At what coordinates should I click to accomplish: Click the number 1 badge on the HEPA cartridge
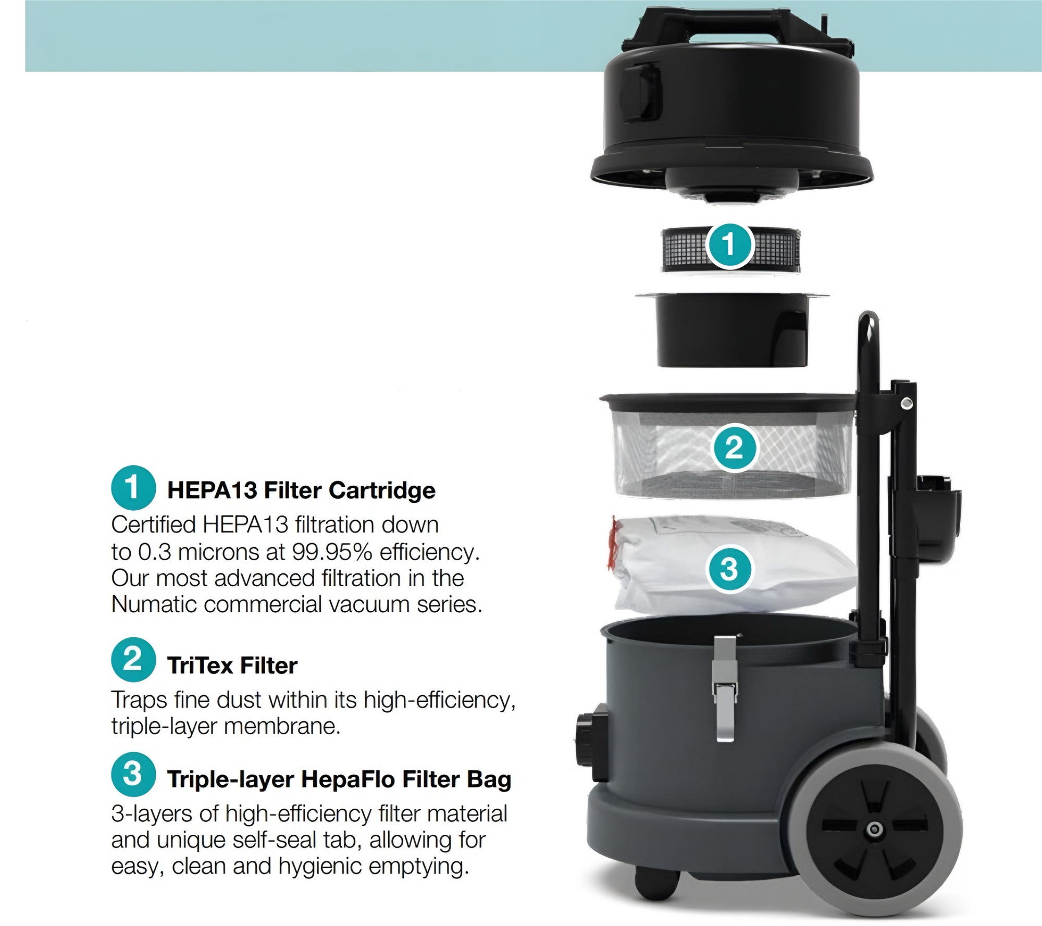tap(729, 244)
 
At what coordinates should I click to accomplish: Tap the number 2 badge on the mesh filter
tap(734, 447)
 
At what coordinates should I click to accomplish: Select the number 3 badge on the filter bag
tap(729, 569)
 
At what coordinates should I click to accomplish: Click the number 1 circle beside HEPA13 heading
tap(133, 487)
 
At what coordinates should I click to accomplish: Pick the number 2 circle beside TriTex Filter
tap(133, 660)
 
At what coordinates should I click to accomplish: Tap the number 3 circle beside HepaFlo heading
tap(133, 775)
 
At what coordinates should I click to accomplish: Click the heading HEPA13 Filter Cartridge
tap(301, 490)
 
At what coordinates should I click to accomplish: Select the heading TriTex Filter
tap(232, 665)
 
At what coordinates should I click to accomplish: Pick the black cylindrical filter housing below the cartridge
tap(731, 329)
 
